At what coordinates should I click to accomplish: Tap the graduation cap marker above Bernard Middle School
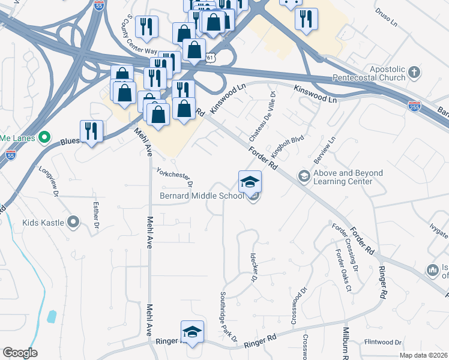coord(250,181)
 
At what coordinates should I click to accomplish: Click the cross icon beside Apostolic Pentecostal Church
coord(414,73)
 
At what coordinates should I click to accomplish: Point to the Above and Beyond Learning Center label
coord(348,177)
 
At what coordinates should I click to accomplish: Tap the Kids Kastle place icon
coord(74,223)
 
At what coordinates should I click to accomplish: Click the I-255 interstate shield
coord(414,106)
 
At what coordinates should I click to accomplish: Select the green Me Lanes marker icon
coord(43,138)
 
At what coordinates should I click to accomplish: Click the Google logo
coord(20,352)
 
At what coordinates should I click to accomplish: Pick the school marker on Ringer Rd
coord(192,332)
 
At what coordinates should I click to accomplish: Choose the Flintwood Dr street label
coord(382,342)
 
